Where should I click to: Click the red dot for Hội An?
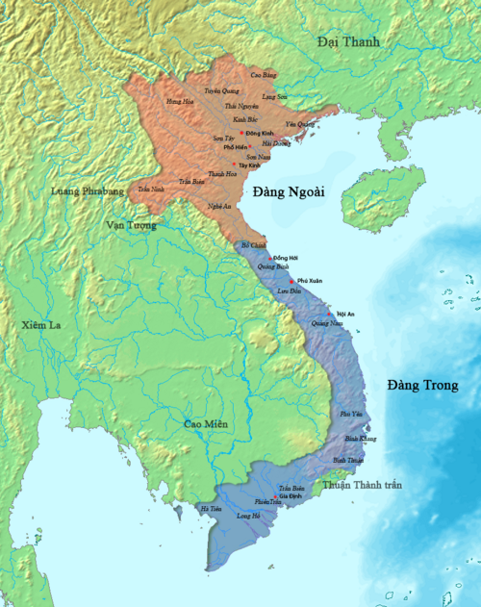pyautogui.click(x=331, y=314)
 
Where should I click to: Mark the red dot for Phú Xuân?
pyautogui.click(x=291, y=280)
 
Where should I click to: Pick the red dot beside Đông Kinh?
pyautogui.click(x=240, y=132)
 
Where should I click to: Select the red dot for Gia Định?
pyautogui.click(x=274, y=496)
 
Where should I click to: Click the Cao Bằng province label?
pyautogui.click(x=263, y=74)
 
